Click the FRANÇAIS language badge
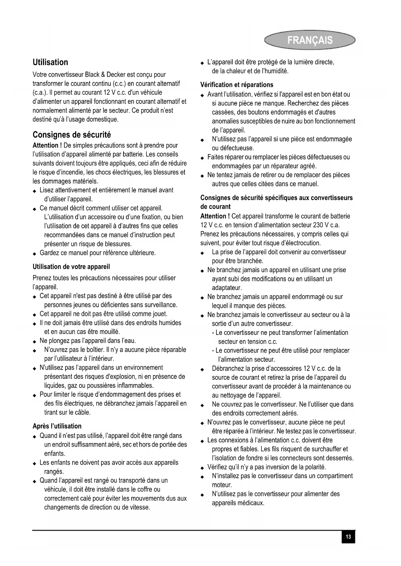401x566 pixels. (x=310, y=40)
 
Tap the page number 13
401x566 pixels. (x=348, y=537)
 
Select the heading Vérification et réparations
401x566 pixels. (x=237, y=85)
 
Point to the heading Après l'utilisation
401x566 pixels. (x=57, y=426)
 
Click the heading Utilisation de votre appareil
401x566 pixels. (x=71, y=267)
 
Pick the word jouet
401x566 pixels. (x=159, y=314)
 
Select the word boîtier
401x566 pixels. (x=94, y=350)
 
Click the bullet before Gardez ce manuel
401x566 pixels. (x=35, y=253)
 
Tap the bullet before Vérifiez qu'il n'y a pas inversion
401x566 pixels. (x=202, y=468)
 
